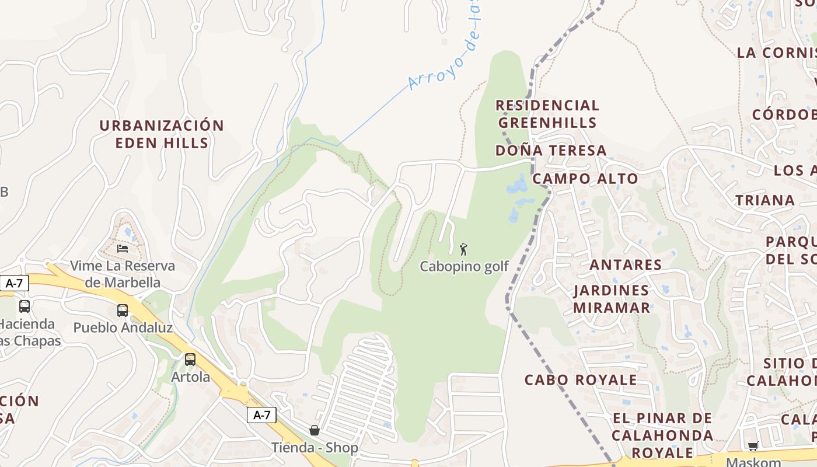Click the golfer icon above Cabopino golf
(463, 249)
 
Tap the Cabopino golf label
(464, 267)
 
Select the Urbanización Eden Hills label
(161, 134)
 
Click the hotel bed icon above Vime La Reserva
(123, 248)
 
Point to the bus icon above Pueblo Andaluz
(123, 311)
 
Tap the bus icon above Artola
(190, 360)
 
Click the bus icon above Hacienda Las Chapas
(25, 306)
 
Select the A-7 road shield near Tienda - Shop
(261, 415)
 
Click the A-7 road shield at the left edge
(14, 284)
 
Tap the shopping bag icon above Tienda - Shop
(315, 430)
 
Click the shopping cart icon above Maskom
(753, 447)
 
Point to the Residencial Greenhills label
(547, 114)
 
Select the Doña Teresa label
(551, 151)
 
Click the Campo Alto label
(585, 179)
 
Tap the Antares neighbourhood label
(626, 265)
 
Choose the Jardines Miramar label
(611, 299)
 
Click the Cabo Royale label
(581, 380)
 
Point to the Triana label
(764, 201)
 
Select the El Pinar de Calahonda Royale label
(662, 435)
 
